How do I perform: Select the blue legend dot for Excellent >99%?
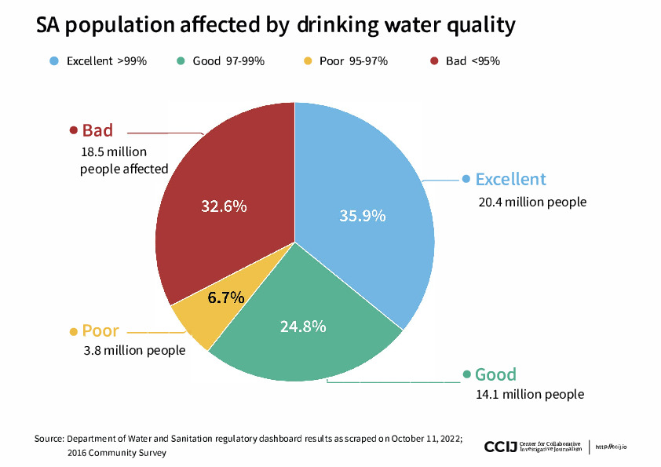coord(53,60)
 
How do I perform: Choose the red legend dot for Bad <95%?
coord(434,60)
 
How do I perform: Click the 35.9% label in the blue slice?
coord(362,215)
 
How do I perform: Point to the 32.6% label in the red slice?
coord(224,206)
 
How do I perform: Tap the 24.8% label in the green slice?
coord(303,326)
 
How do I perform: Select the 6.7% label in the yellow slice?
coord(226,297)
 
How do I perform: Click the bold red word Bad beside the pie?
coord(97,130)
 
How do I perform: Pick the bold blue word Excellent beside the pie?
coord(510,179)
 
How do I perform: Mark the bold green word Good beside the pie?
coord(495,374)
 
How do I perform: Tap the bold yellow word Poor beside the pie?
coord(100,330)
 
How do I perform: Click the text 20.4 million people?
coord(532,202)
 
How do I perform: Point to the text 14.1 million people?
coord(530,394)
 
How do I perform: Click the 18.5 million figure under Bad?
coord(113,151)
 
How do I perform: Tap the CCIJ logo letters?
coord(501,447)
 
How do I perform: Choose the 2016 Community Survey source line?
coord(117,453)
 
